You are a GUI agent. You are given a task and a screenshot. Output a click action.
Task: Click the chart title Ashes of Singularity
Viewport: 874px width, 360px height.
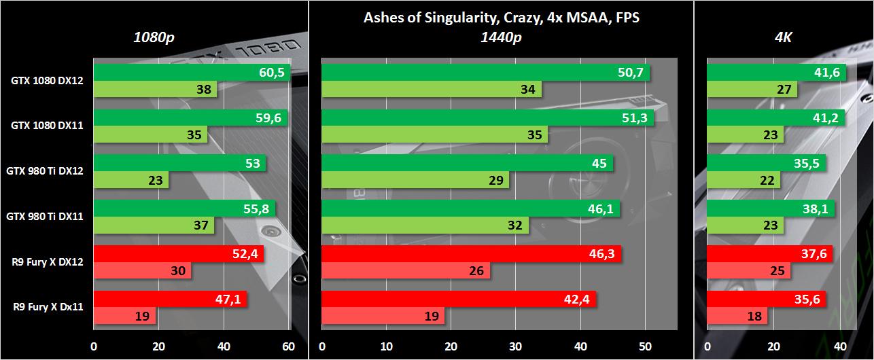pyautogui.click(x=502, y=18)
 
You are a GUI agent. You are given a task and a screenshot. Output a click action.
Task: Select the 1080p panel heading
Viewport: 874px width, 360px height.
pyautogui.click(x=154, y=37)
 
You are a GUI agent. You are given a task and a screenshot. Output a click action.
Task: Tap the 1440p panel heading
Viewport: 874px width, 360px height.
pyautogui.click(x=501, y=37)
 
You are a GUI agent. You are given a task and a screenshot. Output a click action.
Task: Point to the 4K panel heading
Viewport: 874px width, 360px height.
pyautogui.click(x=784, y=37)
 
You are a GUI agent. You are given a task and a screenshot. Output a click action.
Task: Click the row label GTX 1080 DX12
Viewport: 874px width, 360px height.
pyautogui.click(x=48, y=81)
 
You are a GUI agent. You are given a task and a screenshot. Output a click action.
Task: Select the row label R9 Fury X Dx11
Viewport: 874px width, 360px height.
pyautogui.click(x=48, y=307)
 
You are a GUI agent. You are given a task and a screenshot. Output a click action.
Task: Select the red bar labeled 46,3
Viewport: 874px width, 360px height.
pyautogui.click(x=471, y=254)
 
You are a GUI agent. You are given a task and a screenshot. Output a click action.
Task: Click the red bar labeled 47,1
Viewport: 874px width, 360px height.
pyautogui.click(x=170, y=300)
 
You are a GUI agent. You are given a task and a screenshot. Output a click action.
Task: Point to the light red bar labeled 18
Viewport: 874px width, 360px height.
pyautogui.click(x=737, y=316)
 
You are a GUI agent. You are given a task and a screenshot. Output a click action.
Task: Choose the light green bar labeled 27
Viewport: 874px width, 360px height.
pyautogui.click(x=752, y=90)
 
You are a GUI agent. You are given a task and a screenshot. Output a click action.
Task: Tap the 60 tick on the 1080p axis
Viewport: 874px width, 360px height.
pyautogui.click(x=288, y=347)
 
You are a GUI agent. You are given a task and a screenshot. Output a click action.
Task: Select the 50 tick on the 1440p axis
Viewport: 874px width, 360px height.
pyautogui.click(x=645, y=347)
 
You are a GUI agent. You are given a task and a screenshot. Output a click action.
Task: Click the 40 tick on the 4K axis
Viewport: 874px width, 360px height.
pyautogui.click(x=840, y=347)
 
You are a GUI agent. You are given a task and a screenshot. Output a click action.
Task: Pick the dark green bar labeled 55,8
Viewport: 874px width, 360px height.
pyautogui.click(x=184, y=209)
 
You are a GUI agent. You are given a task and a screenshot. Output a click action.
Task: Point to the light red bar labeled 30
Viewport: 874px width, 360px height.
pyautogui.click(x=142, y=270)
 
